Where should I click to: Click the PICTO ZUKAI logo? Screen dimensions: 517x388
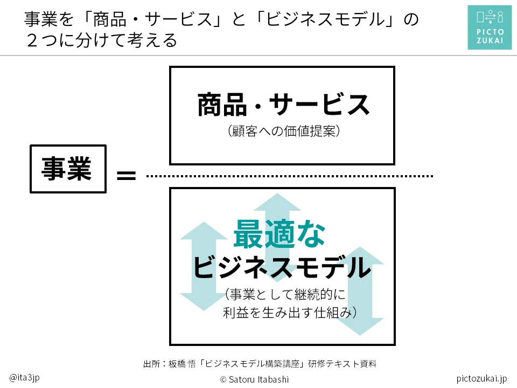[490, 27]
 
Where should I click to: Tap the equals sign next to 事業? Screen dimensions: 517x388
[126, 175]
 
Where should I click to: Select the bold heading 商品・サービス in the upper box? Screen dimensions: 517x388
[283, 105]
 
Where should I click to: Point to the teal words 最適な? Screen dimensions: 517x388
[280, 234]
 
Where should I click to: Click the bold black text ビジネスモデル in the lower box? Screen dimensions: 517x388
[282, 267]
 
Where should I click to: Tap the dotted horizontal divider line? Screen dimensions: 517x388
[290, 176]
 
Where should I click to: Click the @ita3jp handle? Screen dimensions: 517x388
[24, 377]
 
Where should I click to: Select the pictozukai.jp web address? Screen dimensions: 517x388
[481, 378]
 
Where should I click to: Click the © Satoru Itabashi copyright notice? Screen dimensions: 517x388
[254, 379]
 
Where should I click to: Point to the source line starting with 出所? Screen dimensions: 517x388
[260, 364]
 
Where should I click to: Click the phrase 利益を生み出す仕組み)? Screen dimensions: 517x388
[290, 313]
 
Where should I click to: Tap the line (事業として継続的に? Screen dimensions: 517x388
[285, 294]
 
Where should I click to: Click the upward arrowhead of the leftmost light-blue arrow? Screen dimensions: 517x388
[204, 231]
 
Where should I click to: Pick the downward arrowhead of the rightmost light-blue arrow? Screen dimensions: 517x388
[360, 327]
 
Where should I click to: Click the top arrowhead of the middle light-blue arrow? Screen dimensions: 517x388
[277, 202]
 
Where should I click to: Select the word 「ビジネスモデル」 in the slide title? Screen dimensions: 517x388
[325, 19]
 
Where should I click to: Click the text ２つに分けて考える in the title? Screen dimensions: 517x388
[102, 40]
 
